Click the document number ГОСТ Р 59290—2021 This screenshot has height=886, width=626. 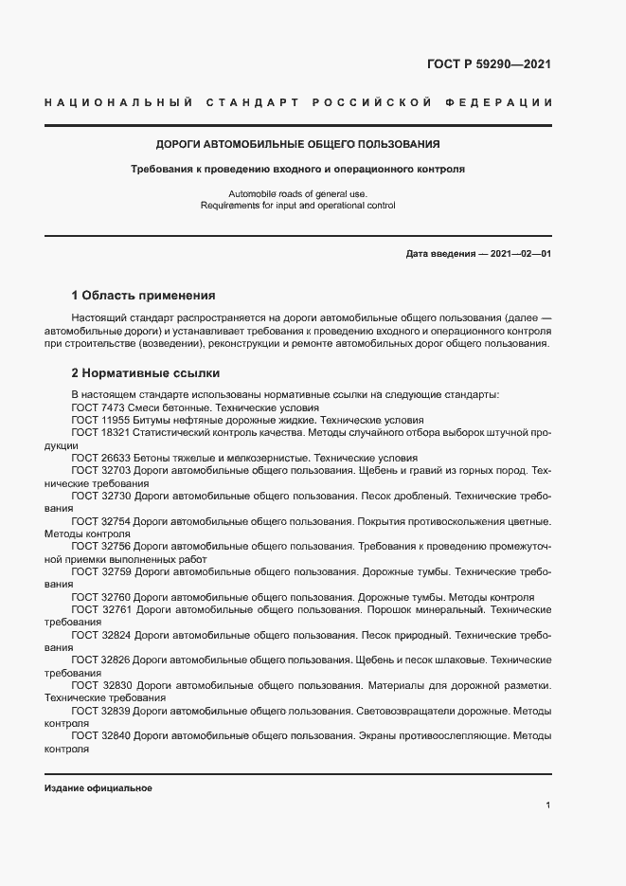click(490, 65)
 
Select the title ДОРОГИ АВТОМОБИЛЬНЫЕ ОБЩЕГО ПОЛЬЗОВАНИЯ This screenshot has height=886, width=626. click(297, 145)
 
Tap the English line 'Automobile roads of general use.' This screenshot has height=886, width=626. click(297, 193)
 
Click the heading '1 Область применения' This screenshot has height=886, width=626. click(144, 295)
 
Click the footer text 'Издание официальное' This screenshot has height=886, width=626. click(98, 788)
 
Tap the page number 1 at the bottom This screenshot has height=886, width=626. click(548, 805)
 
